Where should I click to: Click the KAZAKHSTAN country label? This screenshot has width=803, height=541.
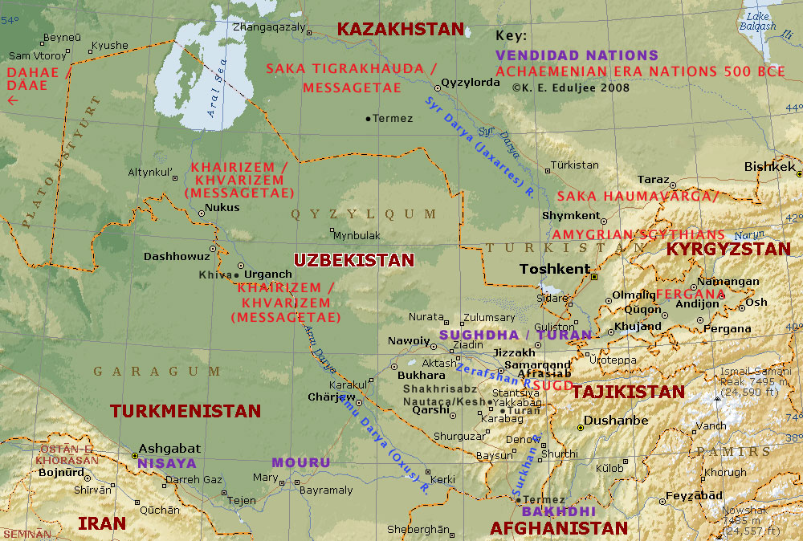coord(400,29)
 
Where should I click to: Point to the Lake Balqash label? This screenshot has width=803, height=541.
coord(760,21)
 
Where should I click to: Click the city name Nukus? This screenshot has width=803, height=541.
coord(222,207)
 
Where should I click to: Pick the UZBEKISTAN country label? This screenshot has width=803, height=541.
coord(353,260)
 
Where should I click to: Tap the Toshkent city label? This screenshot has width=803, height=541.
coord(555,269)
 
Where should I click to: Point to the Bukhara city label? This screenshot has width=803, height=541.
coord(421,375)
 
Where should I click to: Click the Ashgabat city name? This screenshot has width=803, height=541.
coord(169,449)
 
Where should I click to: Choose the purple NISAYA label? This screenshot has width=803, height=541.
coord(166,463)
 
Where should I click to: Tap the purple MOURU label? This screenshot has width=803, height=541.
coord(300,462)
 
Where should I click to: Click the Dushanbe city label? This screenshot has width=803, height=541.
coord(616,420)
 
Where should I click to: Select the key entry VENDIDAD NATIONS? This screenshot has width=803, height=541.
coord(577,55)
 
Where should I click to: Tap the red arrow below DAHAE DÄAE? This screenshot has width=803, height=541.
coord(12,100)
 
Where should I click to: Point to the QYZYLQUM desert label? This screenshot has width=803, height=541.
coord(364,214)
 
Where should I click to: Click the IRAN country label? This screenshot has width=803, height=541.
coord(102,523)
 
